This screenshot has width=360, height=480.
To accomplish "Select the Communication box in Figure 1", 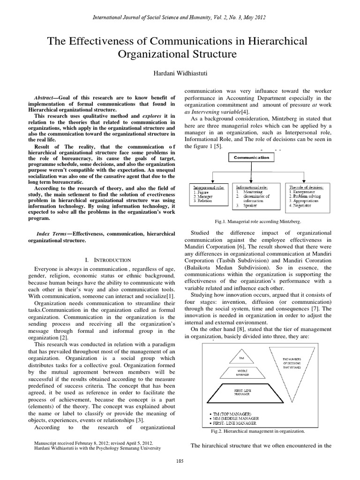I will click(252, 157).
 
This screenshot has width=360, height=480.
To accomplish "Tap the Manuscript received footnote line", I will click(94, 442).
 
